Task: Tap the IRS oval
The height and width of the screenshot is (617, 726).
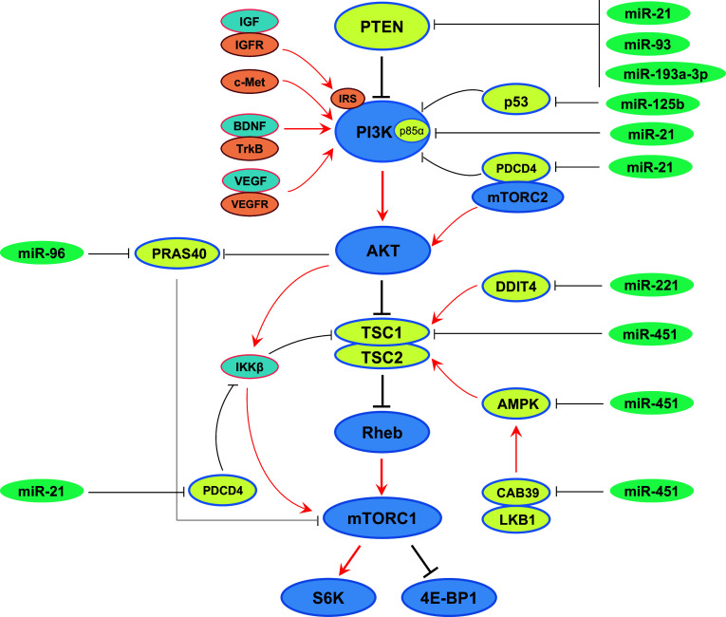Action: point(345,99)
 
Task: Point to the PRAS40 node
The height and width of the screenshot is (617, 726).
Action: point(179,253)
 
